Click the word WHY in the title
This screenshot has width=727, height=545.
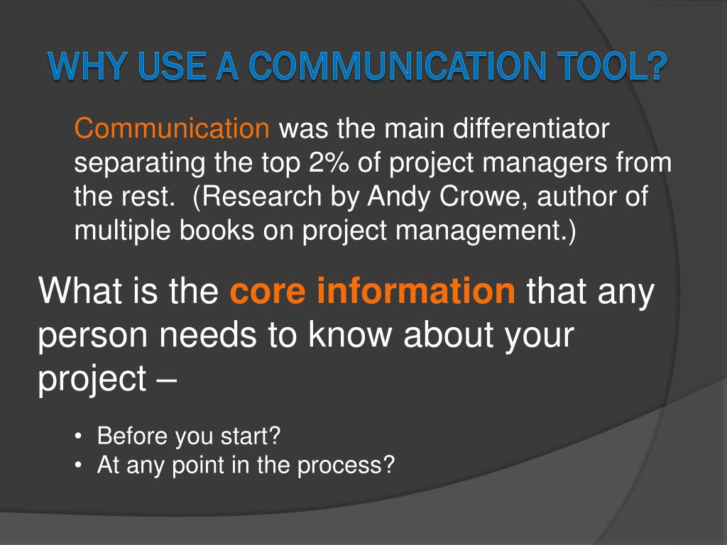pyautogui.click(x=87, y=65)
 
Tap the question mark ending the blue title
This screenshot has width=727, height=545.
pyautogui.click(x=655, y=65)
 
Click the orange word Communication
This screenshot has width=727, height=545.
pyautogui.click(x=172, y=128)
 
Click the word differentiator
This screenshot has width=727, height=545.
pyautogui.click(x=531, y=128)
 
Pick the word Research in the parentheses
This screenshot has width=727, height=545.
pyautogui.click(x=261, y=197)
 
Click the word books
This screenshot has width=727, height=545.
pyautogui.click(x=217, y=231)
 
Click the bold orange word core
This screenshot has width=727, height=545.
pyautogui.click(x=268, y=291)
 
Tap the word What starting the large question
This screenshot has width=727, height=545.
pyautogui.click(x=77, y=290)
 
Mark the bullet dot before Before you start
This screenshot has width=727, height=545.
pyautogui.click(x=80, y=437)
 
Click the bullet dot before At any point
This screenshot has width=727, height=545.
pyautogui.click(x=80, y=466)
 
